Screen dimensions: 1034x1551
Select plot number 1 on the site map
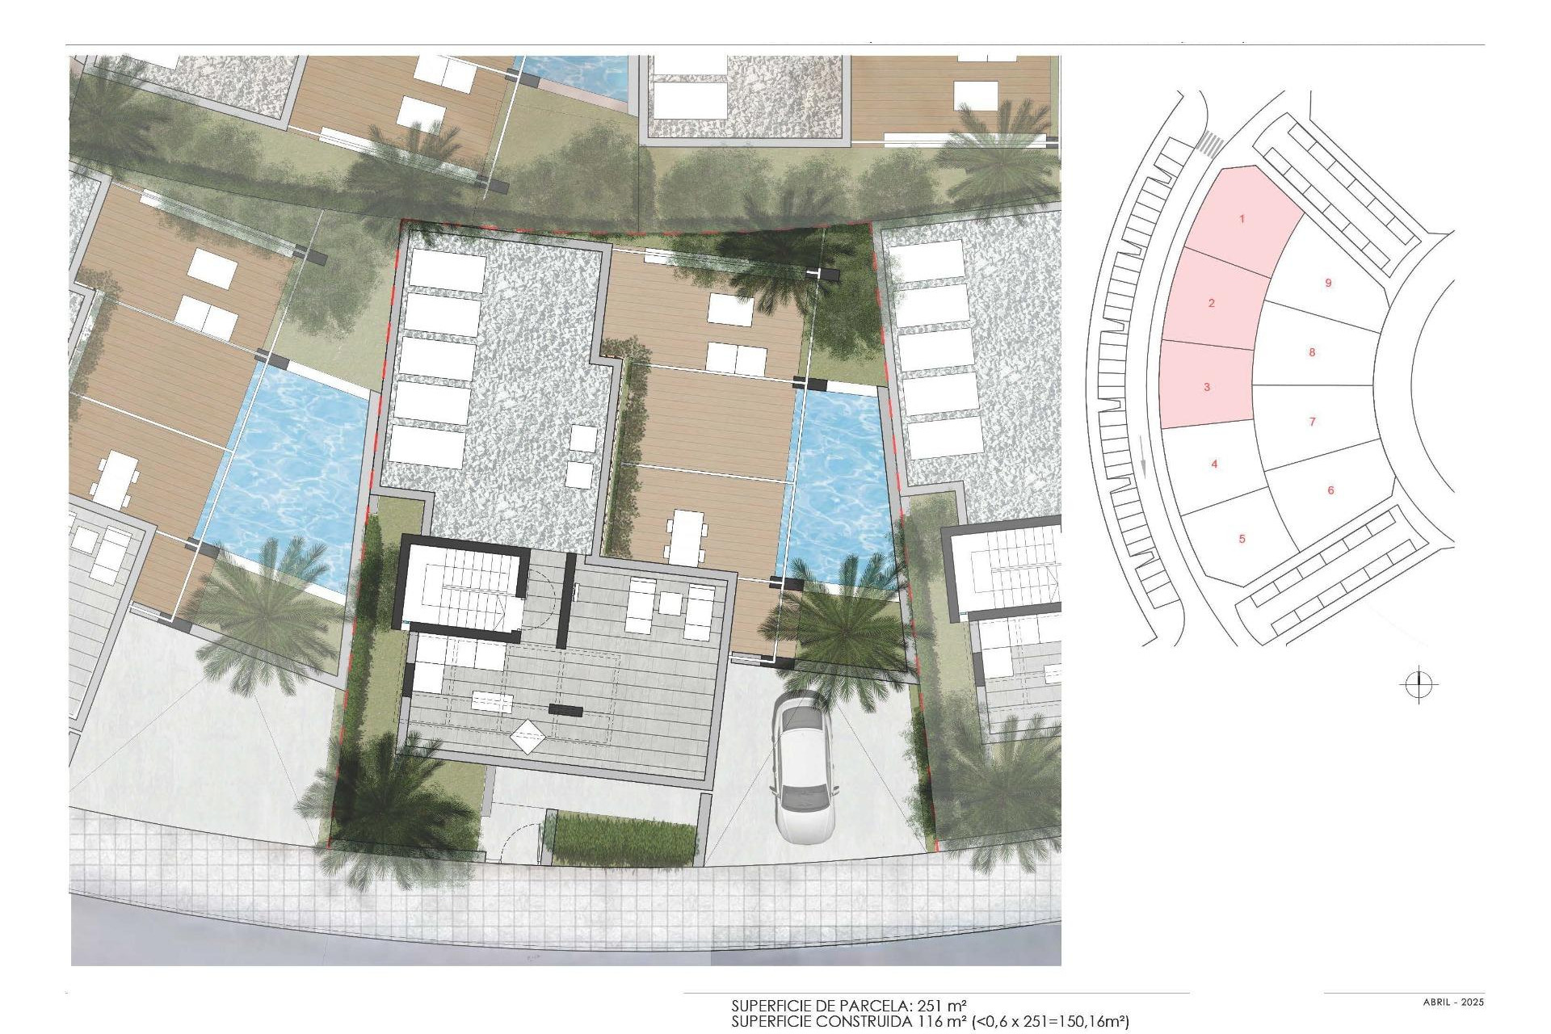click(1242, 219)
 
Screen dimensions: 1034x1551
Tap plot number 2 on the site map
click(1211, 304)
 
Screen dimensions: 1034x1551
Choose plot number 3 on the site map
click(1207, 388)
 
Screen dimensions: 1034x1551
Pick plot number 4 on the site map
click(1214, 464)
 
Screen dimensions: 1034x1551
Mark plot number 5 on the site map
click(1242, 539)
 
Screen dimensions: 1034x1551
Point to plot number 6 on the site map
click(1330, 490)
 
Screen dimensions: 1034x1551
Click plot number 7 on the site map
click(1312, 422)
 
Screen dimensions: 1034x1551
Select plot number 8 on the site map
click(1312, 352)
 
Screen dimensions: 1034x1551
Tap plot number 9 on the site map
click(1328, 284)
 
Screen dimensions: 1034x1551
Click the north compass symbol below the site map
click(1419, 686)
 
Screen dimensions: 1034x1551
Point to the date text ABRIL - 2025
click(1453, 1002)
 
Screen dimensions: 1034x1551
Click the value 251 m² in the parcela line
click(943, 1007)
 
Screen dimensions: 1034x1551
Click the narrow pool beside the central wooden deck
click(839, 485)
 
